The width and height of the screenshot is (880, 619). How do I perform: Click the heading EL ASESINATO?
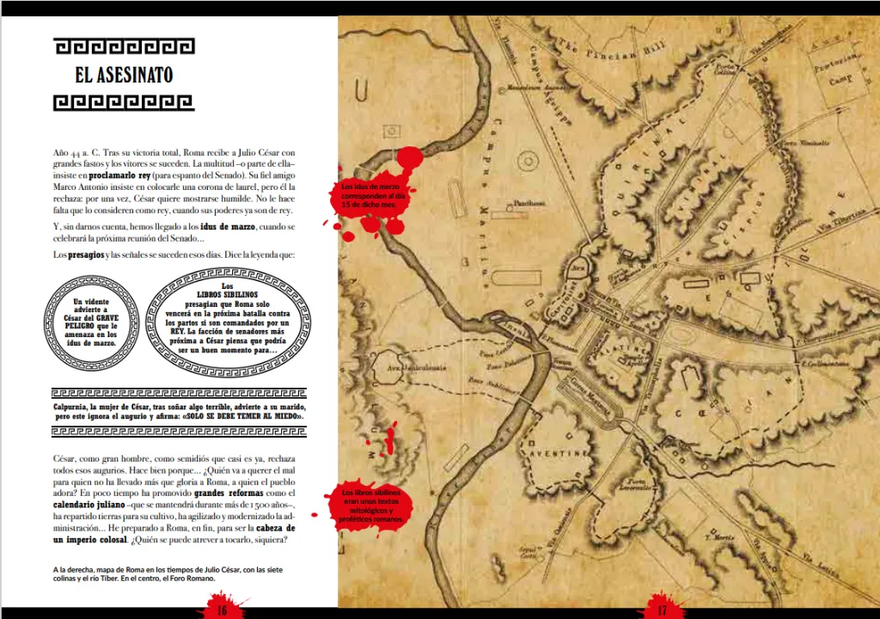[x=124, y=75]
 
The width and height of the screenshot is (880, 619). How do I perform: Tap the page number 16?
[x=221, y=610]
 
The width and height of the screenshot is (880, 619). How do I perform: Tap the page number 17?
[x=662, y=610]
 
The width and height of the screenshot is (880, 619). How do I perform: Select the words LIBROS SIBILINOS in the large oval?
[x=228, y=293]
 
